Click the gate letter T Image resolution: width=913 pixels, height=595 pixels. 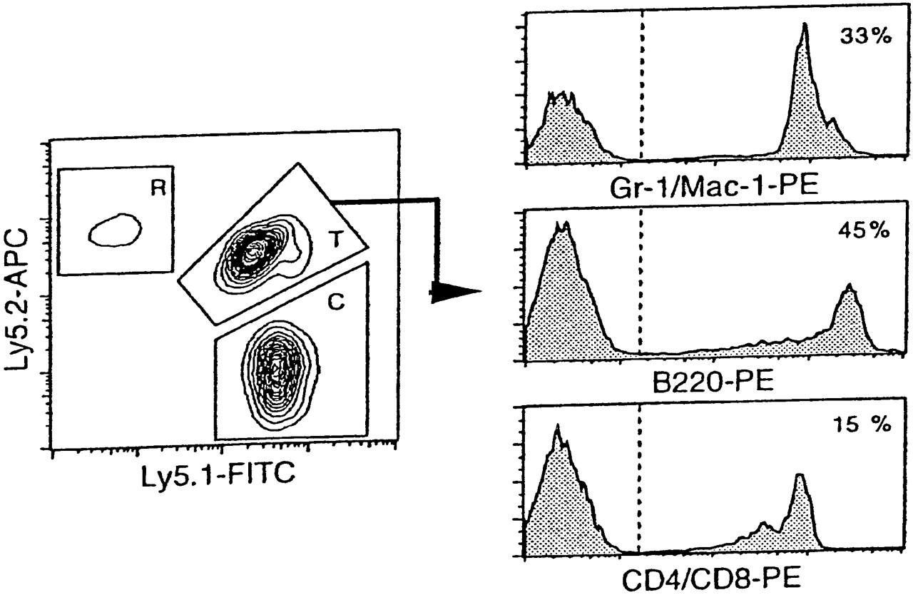334,240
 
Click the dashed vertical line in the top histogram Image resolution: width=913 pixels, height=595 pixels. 642,86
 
